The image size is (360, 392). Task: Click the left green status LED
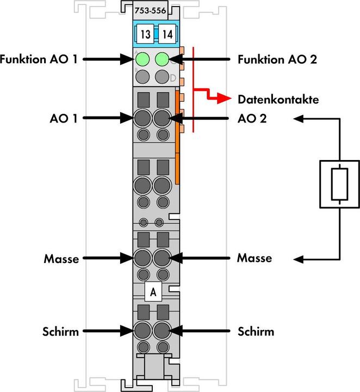(143, 59)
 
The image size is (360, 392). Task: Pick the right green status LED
(162, 59)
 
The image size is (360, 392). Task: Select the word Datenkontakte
(278, 100)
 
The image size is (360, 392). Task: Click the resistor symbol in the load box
(338, 185)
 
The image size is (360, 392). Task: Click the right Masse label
(255, 258)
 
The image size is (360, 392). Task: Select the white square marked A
(153, 293)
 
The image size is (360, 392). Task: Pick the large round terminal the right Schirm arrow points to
(162, 330)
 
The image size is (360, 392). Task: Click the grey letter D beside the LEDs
(173, 78)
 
